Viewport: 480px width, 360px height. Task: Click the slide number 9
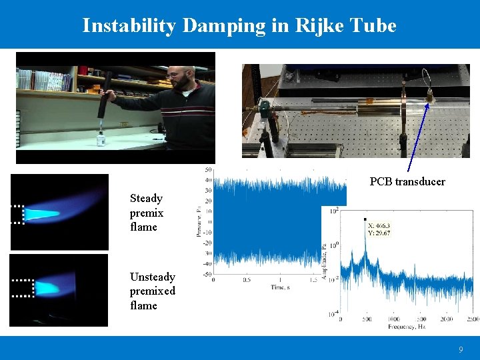point(460,349)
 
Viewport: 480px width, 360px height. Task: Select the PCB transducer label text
point(407,181)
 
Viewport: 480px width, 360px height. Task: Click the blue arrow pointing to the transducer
point(417,133)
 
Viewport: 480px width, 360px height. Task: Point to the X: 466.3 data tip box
point(378,229)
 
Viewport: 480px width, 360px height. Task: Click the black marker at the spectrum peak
point(365,219)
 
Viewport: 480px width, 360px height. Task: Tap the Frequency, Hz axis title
point(407,327)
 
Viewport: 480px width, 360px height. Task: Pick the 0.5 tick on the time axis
point(247,280)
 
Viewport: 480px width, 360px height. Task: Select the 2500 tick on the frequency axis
point(471,320)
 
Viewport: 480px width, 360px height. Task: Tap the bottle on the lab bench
point(101,138)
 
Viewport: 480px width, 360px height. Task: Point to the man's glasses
point(177,75)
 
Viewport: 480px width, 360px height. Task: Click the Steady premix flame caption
point(146,213)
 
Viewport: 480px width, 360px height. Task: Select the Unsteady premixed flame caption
point(153,291)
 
